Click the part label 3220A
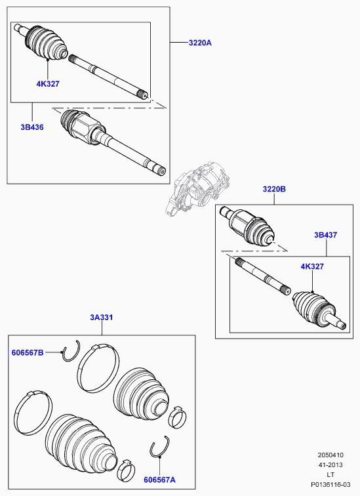tap(200, 43)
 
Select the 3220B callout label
tap(274, 189)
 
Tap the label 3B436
tap(32, 127)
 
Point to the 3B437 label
tap(325, 235)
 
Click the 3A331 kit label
tap(102, 318)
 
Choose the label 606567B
tap(28, 352)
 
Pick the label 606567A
tap(159, 480)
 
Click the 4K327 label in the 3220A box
tap(48, 84)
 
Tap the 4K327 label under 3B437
tap(312, 266)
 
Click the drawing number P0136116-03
tap(330, 485)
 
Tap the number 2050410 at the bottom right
tap(330, 455)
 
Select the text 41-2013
tap(330, 465)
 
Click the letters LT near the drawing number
tap(330, 475)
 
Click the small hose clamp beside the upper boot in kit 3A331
tap(176, 417)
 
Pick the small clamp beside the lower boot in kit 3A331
tap(126, 470)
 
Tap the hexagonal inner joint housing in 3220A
tap(83, 128)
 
